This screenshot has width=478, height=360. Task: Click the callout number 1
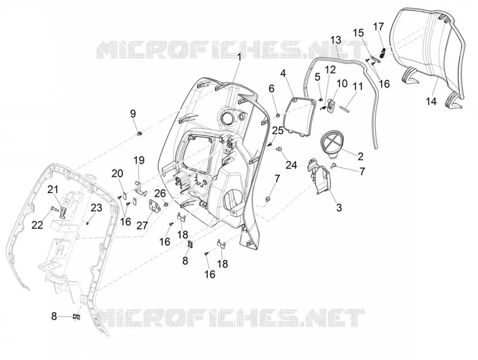(240, 57)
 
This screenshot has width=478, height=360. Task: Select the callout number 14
(431, 101)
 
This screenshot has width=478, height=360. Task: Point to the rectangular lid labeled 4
(298, 116)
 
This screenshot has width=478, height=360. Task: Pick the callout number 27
(142, 225)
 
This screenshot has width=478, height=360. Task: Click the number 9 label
(133, 114)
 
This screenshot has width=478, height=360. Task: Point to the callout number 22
(37, 225)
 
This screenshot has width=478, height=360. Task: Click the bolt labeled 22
(54, 209)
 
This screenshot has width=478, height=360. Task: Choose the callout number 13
(336, 40)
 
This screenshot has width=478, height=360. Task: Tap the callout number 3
(339, 208)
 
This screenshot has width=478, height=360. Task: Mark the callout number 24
(291, 165)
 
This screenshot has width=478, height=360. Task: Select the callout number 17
(378, 26)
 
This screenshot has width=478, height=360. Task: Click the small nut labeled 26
(166, 204)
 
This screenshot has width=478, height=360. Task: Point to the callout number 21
(53, 190)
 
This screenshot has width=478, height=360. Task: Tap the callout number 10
(342, 83)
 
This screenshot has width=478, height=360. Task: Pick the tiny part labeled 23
(87, 223)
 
